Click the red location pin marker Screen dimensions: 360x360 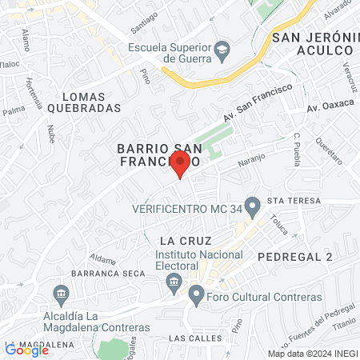[180, 164]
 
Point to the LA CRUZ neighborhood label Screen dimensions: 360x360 [179, 240]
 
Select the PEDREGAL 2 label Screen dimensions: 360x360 [295, 256]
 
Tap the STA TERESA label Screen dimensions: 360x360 [294, 200]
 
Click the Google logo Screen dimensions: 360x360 [26, 350]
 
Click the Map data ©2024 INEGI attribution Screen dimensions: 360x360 [311, 354]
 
